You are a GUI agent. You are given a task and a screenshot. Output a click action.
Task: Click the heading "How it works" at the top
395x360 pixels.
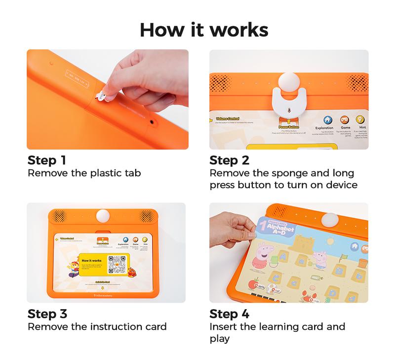pos(204,29)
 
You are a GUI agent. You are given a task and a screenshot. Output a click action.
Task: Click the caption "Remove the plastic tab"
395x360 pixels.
pos(84,173)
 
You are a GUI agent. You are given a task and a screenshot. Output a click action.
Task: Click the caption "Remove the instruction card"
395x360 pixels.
pos(97,326)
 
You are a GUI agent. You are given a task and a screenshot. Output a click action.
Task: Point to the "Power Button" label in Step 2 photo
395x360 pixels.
pos(289,126)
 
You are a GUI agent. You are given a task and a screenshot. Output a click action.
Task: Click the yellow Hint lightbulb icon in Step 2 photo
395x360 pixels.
pos(360,120)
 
